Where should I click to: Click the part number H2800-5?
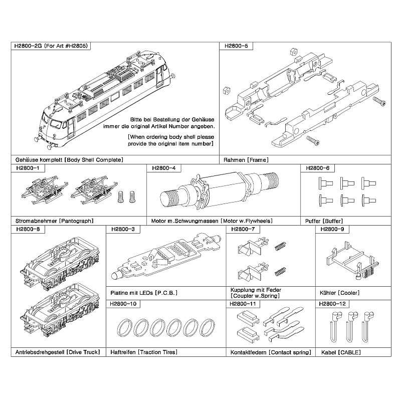tap(236, 46)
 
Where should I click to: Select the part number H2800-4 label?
tap(164, 168)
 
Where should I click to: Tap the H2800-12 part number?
tap(332, 304)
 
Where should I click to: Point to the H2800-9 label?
tap(332, 229)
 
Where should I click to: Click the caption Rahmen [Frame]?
tap(246, 160)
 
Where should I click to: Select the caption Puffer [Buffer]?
tap(324, 221)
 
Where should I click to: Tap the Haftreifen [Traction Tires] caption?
tap(144, 352)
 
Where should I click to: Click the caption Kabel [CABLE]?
tap(341, 352)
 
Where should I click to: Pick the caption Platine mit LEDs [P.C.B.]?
tap(144, 293)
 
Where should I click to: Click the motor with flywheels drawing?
tap(219, 190)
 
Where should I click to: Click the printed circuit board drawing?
tap(166, 256)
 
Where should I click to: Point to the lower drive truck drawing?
tap(60, 310)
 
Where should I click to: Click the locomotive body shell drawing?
tap(105, 100)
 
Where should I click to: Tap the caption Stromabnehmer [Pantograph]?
tap(55, 221)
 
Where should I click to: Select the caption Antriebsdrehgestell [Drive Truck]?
tap(58, 352)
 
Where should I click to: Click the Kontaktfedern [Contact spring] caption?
tap(271, 352)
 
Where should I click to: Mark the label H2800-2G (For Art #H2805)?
tap(51, 46)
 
